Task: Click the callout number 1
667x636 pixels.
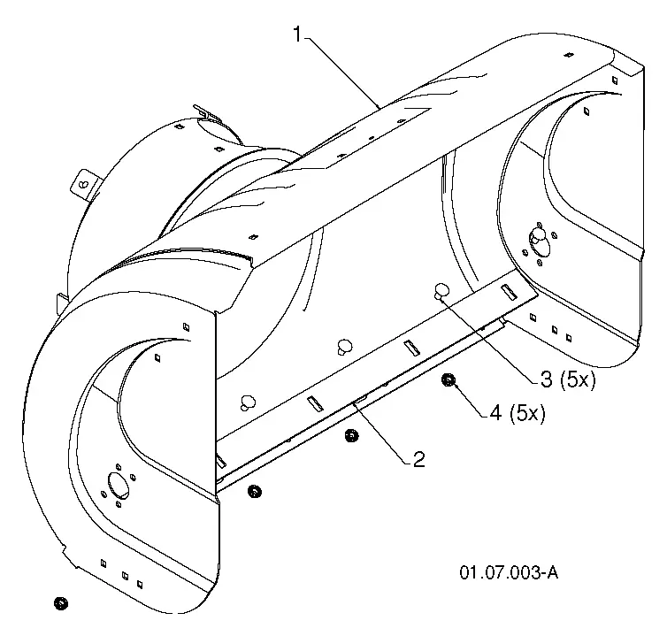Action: point(298,34)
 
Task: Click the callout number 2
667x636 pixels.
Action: point(419,460)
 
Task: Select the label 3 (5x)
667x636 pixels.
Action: point(568,379)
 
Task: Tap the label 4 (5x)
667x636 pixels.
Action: point(517,413)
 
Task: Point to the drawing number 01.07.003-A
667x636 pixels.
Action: point(509,572)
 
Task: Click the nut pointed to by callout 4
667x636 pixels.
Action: point(447,379)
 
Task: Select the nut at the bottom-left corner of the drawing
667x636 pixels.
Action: point(61,603)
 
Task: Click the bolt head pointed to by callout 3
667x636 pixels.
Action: point(441,291)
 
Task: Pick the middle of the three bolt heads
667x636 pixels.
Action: point(345,346)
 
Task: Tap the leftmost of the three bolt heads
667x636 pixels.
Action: point(248,402)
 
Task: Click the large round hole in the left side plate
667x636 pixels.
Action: point(119,485)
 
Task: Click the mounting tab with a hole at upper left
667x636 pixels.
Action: point(85,184)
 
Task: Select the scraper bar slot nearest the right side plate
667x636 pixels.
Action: point(509,292)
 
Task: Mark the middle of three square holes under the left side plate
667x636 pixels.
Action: point(125,576)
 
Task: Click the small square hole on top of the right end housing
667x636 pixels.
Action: point(567,55)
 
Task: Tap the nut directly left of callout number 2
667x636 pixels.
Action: point(351,435)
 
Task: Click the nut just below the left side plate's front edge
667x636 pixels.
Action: point(255,492)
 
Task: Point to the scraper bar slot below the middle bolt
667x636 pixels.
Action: point(411,348)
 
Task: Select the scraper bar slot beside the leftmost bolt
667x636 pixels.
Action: point(315,404)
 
